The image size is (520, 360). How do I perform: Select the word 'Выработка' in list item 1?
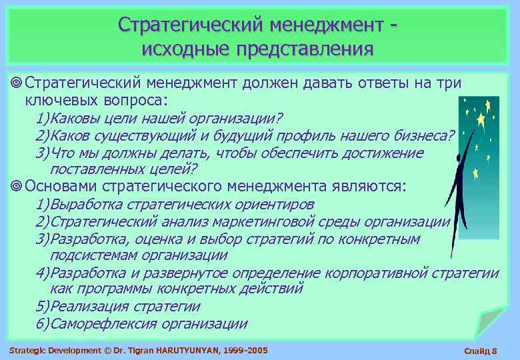tap(82, 204)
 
